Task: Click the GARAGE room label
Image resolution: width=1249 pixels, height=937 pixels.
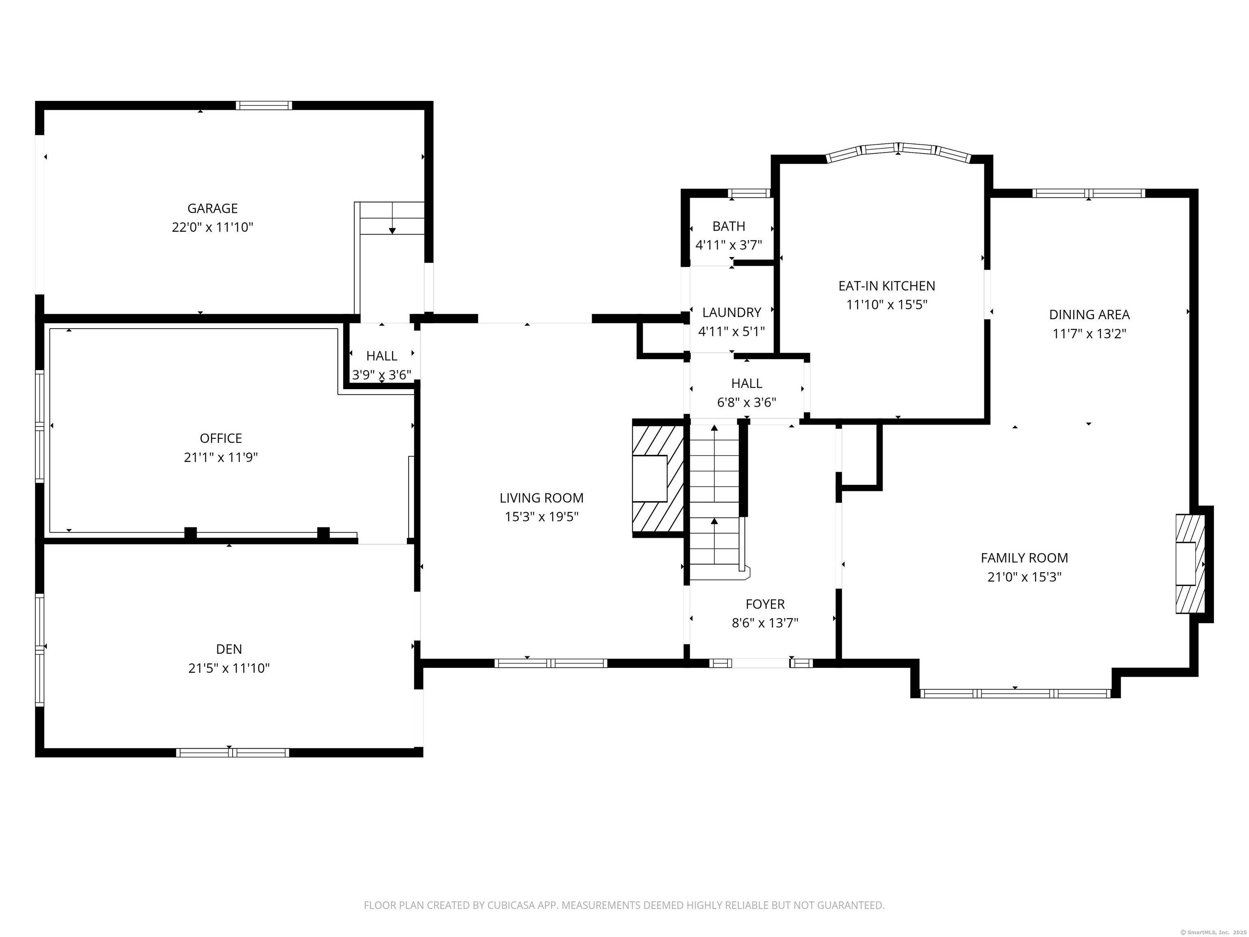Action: (x=212, y=208)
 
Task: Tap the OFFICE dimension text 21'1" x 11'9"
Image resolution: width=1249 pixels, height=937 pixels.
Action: (x=221, y=458)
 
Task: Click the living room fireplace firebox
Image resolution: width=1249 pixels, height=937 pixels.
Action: (x=649, y=478)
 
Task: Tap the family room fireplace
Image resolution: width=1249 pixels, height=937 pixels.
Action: (x=1190, y=564)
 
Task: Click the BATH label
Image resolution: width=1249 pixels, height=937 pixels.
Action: (x=729, y=226)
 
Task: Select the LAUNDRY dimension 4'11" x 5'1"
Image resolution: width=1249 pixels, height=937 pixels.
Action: (x=732, y=331)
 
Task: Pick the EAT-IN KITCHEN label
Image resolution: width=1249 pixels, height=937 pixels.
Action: (x=886, y=286)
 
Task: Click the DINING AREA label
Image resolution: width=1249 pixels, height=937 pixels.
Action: (x=1089, y=315)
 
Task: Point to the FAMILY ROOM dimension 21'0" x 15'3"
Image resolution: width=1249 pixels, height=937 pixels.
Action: (x=1024, y=577)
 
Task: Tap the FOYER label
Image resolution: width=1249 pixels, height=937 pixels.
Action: (x=765, y=604)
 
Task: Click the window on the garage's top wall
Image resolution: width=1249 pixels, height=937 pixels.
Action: (x=264, y=105)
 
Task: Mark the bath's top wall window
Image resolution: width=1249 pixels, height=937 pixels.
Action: (x=749, y=193)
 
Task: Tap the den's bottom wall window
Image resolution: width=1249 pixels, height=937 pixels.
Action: (x=233, y=752)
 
